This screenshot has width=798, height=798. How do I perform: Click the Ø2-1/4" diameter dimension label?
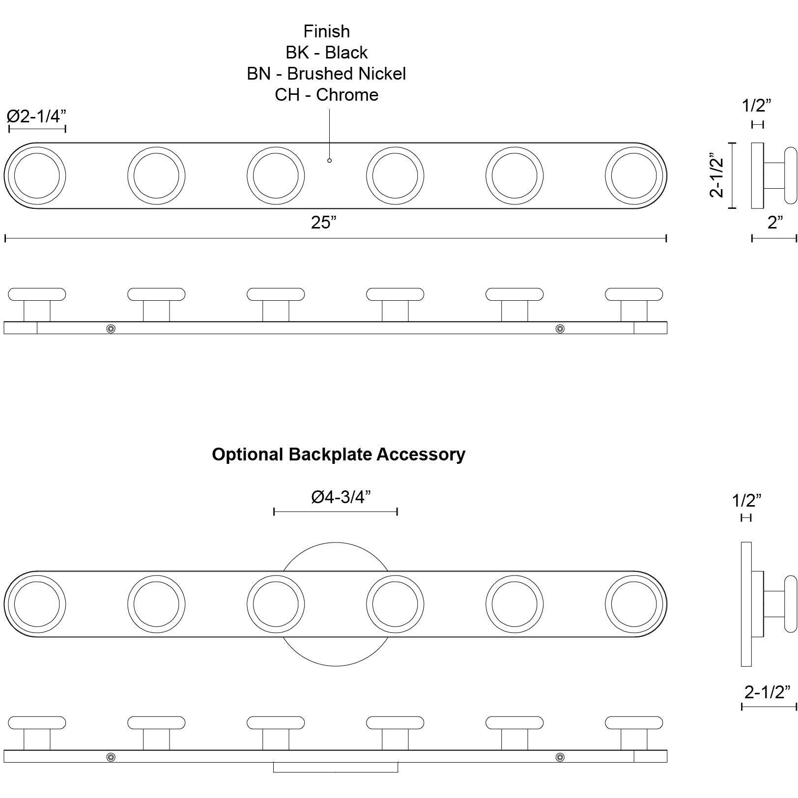point(36,116)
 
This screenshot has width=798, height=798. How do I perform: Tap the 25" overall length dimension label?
point(323,223)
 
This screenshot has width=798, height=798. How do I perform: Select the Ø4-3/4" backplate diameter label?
point(341,497)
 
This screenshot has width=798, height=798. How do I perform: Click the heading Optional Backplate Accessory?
point(338,454)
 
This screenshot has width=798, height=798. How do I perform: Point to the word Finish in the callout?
point(326,31)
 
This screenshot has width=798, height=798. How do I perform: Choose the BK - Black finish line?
point(326,53)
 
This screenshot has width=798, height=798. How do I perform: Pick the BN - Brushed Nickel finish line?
point(326,74)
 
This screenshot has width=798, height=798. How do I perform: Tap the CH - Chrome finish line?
point(326,95)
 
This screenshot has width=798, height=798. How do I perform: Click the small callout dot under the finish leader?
point(329,160)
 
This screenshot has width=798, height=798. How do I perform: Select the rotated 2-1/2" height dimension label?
point(717,176)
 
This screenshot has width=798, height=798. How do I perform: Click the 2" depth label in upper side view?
point(775,223)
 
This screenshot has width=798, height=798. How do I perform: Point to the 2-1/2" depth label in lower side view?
point(767,692)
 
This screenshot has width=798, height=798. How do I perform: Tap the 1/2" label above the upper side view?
point(756,105)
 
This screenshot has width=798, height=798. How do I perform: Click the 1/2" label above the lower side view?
point(746,501)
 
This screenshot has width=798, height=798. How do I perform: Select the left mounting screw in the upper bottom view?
point(111,328)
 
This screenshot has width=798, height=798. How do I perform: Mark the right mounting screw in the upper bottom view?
point(560,328)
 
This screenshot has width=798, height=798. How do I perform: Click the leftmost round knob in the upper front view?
point(37,175)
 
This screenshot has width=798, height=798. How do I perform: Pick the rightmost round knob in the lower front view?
point(633,604)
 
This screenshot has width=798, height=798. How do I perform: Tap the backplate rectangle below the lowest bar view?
point(335,767)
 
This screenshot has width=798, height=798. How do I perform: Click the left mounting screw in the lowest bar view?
point(111,757)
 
